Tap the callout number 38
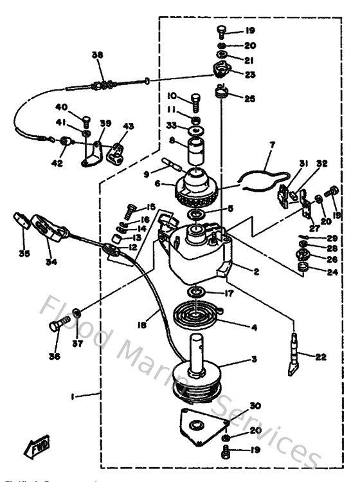[97, 56]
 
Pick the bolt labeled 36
[57, 326]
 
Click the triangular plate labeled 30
[202, 429]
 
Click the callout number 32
[321, 164]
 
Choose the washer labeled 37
[76, 313]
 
